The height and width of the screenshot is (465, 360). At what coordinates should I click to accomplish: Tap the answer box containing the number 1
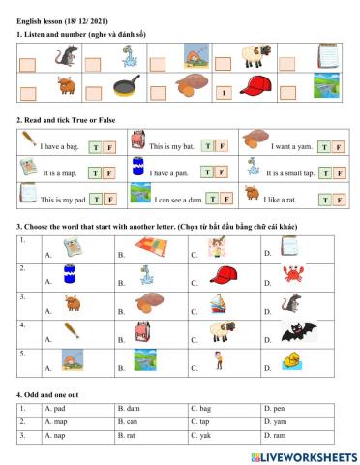[224, 94]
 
